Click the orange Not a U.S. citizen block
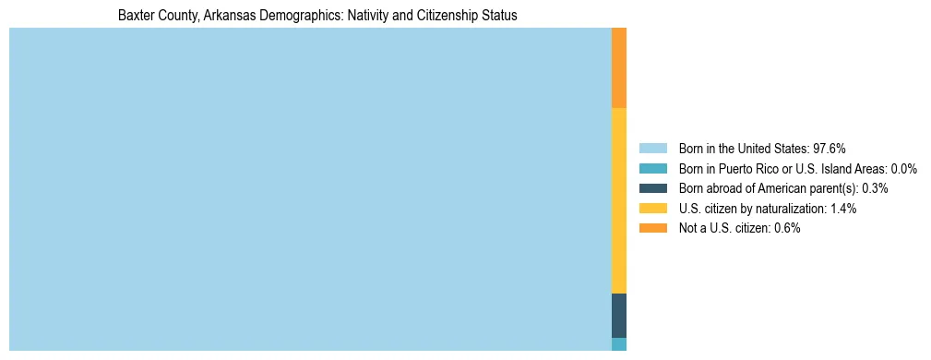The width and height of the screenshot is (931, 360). coord(619,67)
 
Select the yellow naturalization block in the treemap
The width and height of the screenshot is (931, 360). coord(619,200)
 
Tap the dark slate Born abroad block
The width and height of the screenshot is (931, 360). coord(619,315)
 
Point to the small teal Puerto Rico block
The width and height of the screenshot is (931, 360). coord(619,344)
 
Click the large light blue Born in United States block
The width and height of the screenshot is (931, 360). coord(310,189)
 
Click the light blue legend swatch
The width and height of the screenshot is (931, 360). coord(652,149)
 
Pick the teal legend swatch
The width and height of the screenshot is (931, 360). coord(652,169)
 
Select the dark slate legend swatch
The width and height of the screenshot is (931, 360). coord(652,188)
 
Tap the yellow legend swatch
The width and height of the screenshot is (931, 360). coord(652,209)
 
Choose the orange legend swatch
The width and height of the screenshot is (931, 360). coord(652,228)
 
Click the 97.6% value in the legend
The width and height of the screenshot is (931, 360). coord(830,149)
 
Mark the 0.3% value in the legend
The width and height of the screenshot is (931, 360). coord(875,188)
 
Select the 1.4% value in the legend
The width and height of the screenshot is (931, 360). coord(842,209)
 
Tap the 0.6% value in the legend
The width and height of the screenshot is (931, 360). coord(786,228)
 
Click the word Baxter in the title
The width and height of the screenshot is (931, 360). coord(137,16)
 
